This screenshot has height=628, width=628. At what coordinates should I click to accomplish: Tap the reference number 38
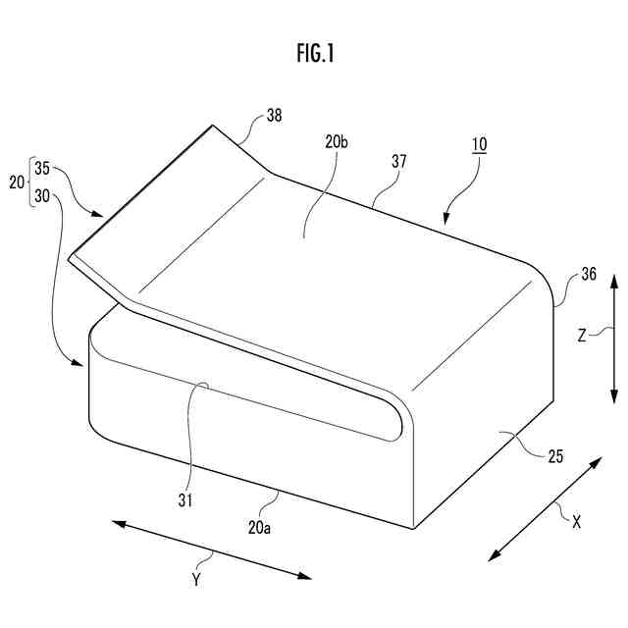(274, 116)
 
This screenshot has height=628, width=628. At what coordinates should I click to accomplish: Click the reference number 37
(398, 159)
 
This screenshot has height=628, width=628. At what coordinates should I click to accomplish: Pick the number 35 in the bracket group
(42, 168)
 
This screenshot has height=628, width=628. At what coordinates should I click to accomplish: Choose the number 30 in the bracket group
(42, 195)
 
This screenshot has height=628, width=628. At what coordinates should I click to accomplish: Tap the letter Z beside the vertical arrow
(581, 336)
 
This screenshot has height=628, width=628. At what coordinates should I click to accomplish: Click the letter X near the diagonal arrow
(576, 523)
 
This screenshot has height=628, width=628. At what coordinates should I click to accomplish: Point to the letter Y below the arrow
(195, 580)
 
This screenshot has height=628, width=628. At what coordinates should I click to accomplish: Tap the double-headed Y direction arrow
(211, 549)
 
